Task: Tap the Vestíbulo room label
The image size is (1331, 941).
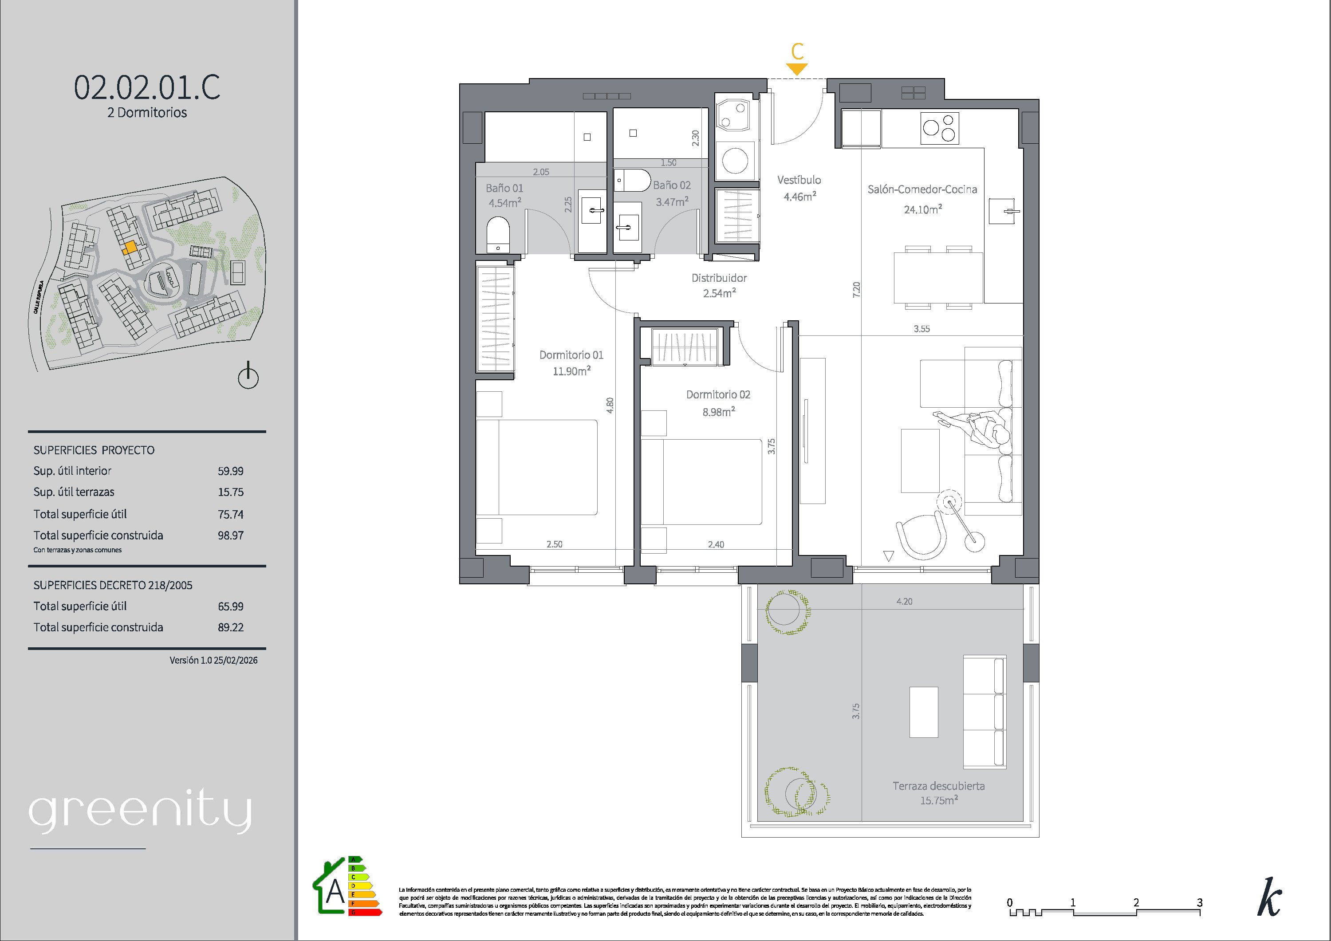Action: (799, 180)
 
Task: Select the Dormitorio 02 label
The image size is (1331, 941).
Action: (718, 395)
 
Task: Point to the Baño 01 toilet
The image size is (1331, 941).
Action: (498, 235)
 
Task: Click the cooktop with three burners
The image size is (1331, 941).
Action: (940, 128)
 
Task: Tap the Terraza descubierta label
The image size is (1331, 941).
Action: (938, 786)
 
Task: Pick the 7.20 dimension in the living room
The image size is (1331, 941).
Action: (856, 289)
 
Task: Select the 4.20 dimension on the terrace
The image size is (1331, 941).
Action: (904, 602)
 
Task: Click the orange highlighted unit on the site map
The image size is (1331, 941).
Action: (131, 248)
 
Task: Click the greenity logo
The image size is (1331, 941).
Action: (140, 813)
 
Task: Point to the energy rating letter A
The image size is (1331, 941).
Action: (335, 893)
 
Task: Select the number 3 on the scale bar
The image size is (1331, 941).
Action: (1199, 903)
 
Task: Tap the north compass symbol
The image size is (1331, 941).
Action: (248, 375)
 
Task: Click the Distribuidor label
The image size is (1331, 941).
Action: (719, 278)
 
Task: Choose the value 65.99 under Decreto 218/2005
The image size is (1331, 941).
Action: (231, 606)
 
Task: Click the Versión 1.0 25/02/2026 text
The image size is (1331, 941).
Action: (213, 660)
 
